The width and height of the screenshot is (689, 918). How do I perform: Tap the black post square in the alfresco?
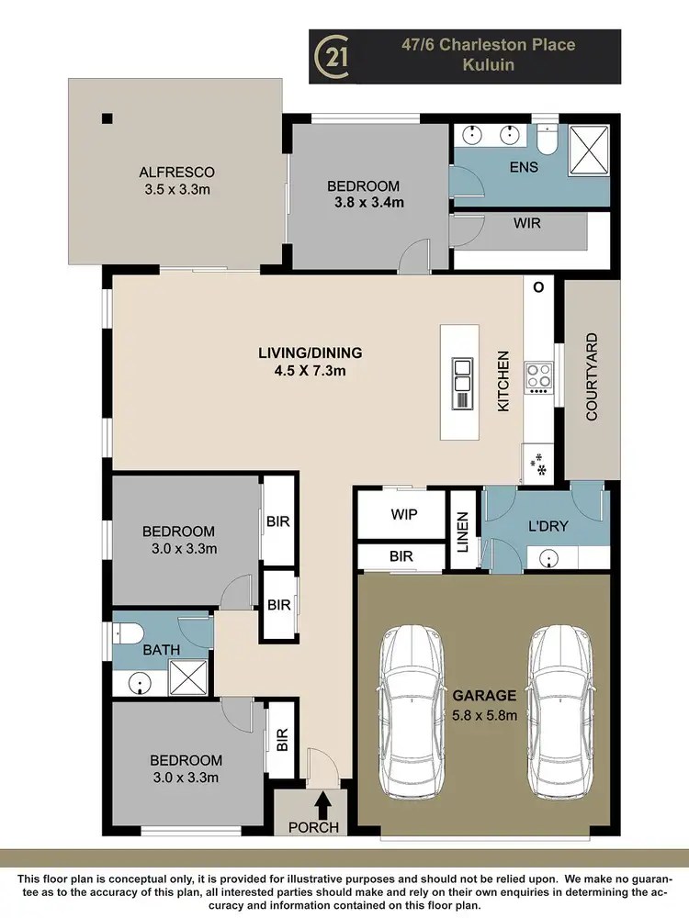point(107,118)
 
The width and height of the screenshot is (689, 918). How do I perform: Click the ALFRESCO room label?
point(176,172)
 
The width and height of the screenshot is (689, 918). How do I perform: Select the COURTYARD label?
point(591,377)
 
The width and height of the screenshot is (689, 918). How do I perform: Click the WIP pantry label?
point(404,515)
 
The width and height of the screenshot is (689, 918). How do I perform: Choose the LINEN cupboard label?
point(463,532)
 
